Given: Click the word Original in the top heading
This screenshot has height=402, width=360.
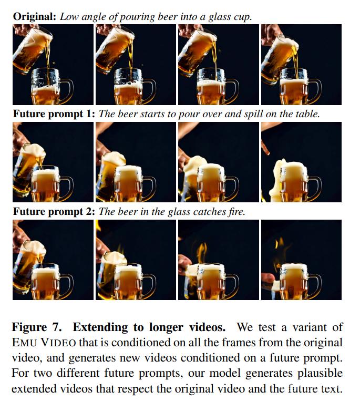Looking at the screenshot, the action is pyautogui.click(x=34, y=17).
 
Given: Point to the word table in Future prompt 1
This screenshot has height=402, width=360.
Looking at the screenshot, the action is pyautogui.click(x=307, y=114).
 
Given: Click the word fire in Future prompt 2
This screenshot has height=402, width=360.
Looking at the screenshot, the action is pyautogui.click(x=236, y=212).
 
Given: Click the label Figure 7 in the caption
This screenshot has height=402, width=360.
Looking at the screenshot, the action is pyautogui.click(x=37, y=328).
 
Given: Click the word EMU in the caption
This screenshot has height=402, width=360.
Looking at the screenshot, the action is pyautogui.click(x=24, y=343).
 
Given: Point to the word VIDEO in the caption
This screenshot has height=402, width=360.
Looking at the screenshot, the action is pyautogui.click(x=58, y=343).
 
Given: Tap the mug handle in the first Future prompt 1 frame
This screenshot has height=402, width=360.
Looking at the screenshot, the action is pyautogui.click(x=68, y=186).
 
